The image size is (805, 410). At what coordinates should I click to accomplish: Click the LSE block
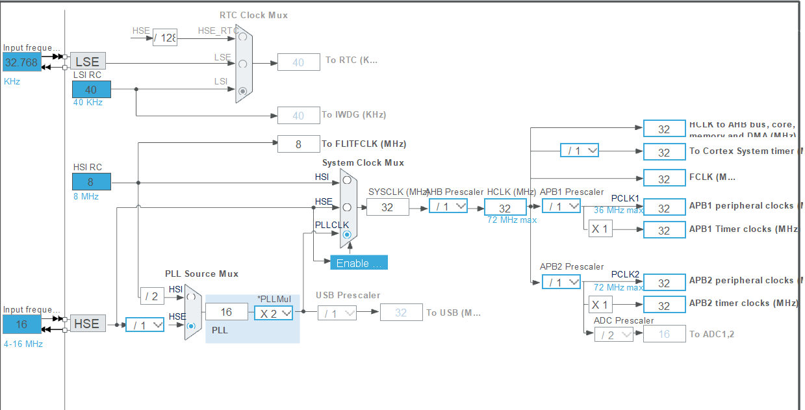click(x=88, y=62)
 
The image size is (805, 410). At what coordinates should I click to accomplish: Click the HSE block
click(x=88, y=324)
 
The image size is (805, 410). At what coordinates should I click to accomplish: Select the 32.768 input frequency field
click(x=21, y=62)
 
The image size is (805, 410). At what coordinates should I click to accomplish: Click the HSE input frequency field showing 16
click(x=21, y=324)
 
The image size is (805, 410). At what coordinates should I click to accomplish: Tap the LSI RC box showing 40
click(x=91, y=90)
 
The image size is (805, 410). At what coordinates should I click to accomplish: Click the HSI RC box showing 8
click(x=91, y=182)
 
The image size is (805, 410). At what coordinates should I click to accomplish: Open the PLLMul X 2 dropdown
click(x=274, y=313)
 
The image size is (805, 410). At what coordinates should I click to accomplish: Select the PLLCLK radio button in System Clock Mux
click(x=347, y=234)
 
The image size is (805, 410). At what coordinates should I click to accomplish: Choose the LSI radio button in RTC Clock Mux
click(x=243, y=92)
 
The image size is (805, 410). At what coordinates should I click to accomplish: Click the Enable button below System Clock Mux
click(x=359, y=263)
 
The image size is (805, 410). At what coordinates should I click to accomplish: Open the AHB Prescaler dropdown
click(x=448, y=206)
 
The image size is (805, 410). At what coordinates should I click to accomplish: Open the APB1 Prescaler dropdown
click(x=561, y=206)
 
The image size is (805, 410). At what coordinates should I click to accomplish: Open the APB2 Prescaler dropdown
click(x=561, y=282)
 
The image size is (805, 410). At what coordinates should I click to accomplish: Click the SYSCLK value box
click(x=388, y=207)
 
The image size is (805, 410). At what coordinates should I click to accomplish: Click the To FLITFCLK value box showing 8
click(x=298, y=144)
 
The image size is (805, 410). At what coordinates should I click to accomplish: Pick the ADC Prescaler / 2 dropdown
click(x=613, y=335)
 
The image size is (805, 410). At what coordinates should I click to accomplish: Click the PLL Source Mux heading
click(x=201, y=274)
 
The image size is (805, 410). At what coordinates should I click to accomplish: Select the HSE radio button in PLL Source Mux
click(x=190, y=326)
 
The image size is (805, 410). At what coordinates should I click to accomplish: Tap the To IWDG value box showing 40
click(x=298, y=116)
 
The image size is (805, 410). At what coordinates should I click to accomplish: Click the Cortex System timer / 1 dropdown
click(x=580, y=151)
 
